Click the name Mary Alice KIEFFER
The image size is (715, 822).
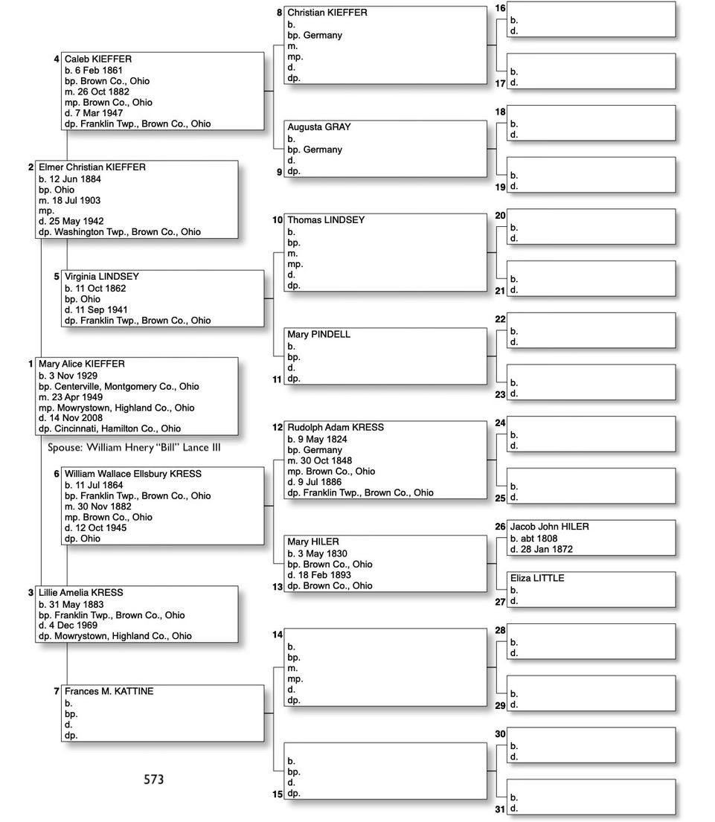pyautogui.click(x=82, y=364)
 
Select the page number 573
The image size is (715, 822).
pyautogui.click(x=153, y=780)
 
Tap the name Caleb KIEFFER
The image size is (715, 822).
pyautogui.click(x=97, y=59)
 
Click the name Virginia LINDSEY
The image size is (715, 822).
pyautogui.click(x=101, y=277)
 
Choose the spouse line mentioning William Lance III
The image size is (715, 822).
pyautogui.click(x=134, y=448)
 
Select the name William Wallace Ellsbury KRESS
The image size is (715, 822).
pyautogui.click(x=132, y=474)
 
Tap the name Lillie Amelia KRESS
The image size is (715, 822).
pyautogui.click(x=81, y=593)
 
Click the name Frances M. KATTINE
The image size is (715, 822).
pyautogui.click(x=109, y=692)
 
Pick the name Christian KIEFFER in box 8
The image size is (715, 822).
pyautogui.click(x=327, y=13)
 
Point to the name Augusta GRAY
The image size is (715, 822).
pyautogui.click(x=318, y=127)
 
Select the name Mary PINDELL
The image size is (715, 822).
pyautogui.click(x=318, y=335)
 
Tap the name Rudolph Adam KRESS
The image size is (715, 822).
pyautogui.click(x=336, y=428)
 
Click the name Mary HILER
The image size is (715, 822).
pyautogui.click(x=312, y=542)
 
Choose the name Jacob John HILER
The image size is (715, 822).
pyautogui.click(x=549, y=527)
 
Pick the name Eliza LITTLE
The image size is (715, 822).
pyautogui.click(x=536, y=578)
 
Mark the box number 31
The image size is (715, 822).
pyautogui.click(x=500, y=809)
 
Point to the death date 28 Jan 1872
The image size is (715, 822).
pyautogui.click(x=545, y=550)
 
